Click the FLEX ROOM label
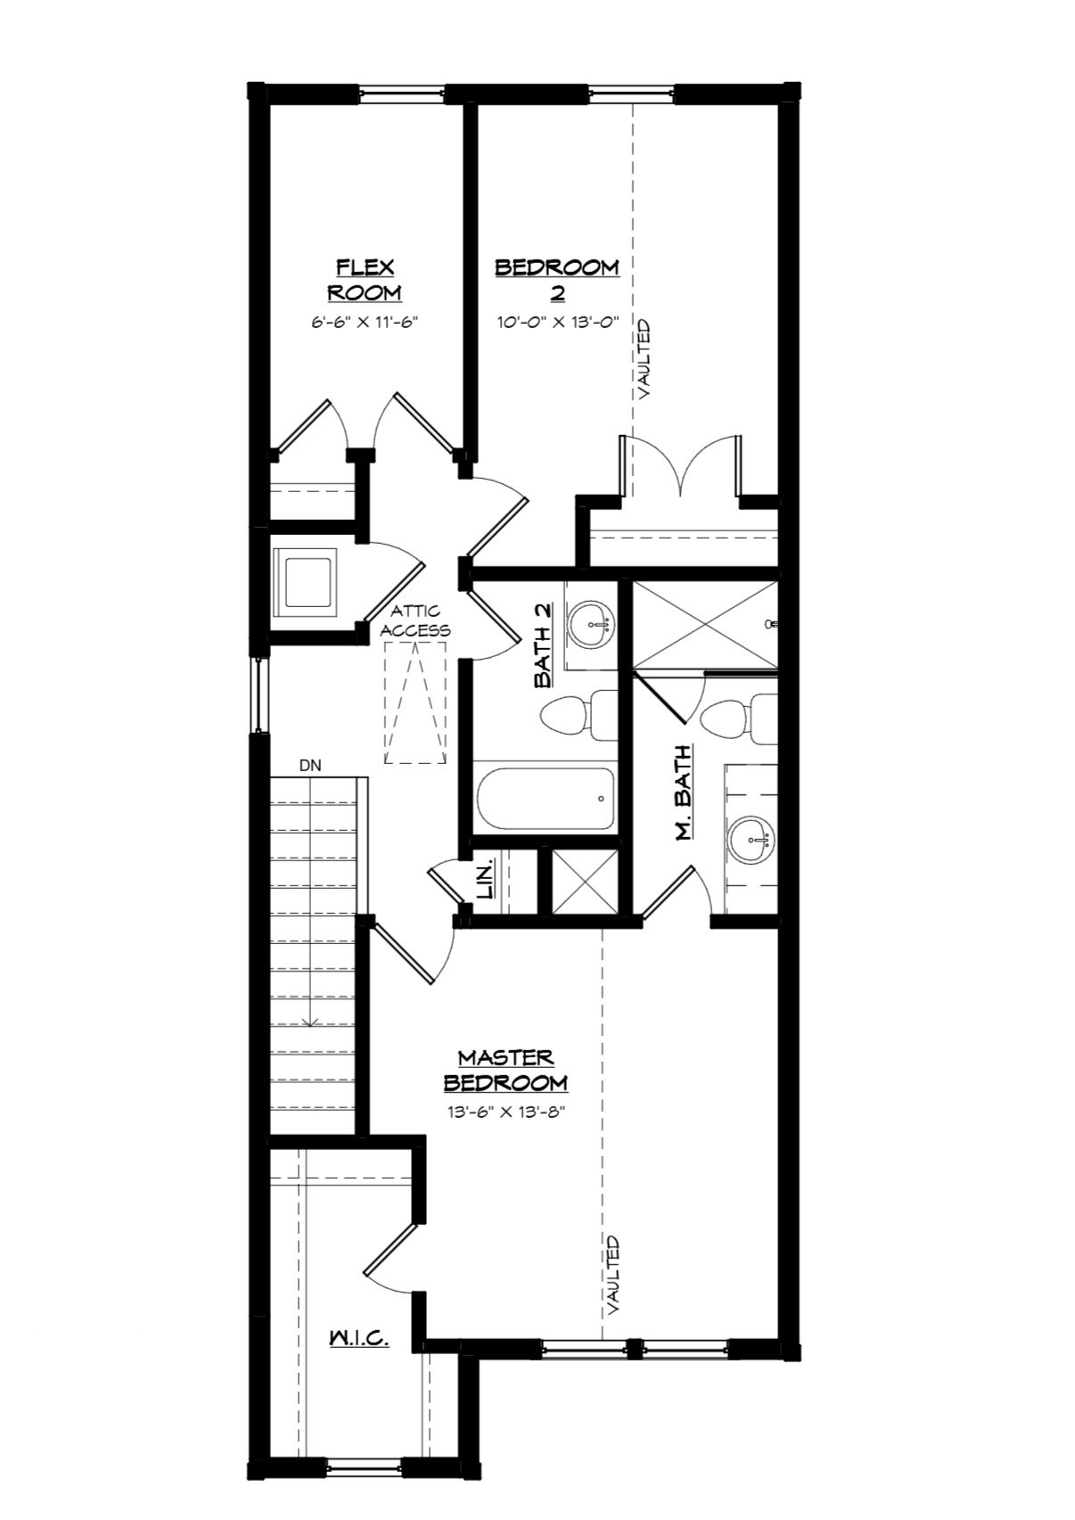[365, 280]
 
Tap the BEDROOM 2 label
[557, 280]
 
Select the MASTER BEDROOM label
[505, 1070]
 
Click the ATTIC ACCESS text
[415, 620]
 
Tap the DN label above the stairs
[310, 765]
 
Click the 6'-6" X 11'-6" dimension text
[365, 323]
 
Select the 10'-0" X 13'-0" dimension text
[558, 323]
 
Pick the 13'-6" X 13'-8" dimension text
[506, 1113]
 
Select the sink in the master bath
[751, 839]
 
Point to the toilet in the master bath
[736, 718]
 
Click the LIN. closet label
[487, 881]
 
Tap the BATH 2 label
[543, 645]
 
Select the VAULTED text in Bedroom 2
[644, 358]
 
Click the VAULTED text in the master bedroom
[613, 1275]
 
